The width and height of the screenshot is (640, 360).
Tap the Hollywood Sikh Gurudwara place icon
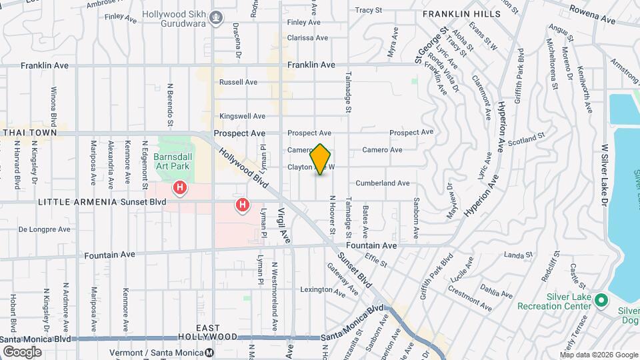point(215,17)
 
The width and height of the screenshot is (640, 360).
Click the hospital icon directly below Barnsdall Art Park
point(179,189)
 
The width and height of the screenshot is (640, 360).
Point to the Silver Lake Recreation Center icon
point(601,301)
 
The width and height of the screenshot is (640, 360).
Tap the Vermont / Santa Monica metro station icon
point(209,353)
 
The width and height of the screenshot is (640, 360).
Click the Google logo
point(22,351)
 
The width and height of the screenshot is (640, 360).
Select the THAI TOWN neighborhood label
point(29,133)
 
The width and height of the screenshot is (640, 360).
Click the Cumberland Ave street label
point(382,183)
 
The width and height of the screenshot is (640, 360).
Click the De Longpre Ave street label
point(44,229)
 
